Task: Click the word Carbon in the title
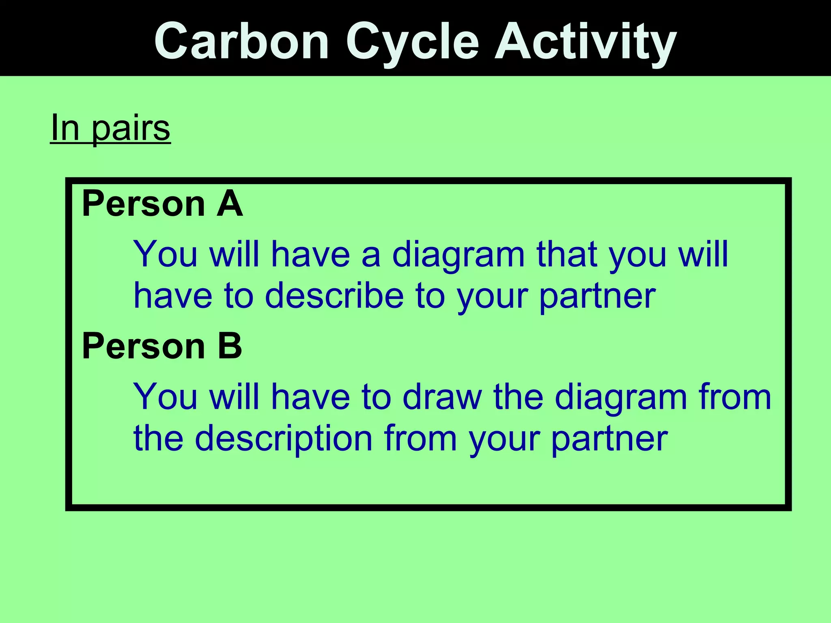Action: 241,41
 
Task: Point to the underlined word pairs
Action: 131,129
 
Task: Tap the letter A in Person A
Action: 229,204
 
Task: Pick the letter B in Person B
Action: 230,346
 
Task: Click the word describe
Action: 334,296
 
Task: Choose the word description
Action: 284,439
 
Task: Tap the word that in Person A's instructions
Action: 566,254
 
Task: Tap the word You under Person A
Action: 166,254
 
